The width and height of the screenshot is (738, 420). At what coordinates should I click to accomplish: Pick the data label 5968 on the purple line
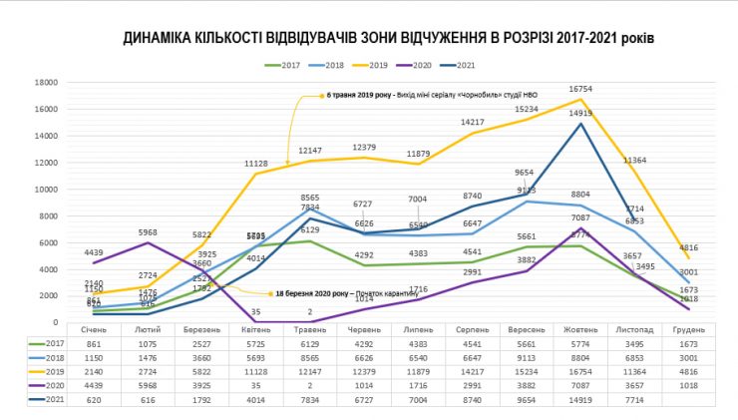coord(147,233)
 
